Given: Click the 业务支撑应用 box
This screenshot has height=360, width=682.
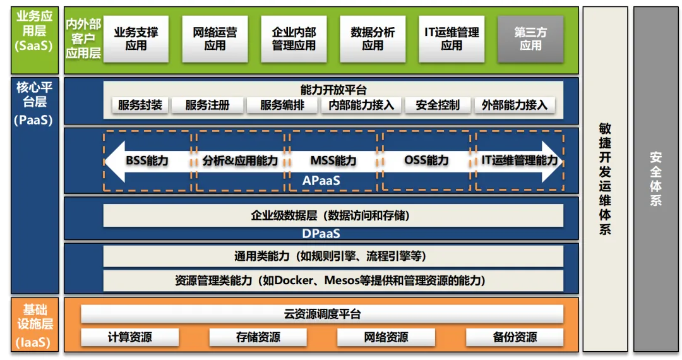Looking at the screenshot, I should [x=136, y=39].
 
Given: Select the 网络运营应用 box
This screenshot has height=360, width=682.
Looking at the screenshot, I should [x=215, y=39].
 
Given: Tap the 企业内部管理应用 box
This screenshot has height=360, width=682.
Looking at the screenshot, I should [x=294, y=39].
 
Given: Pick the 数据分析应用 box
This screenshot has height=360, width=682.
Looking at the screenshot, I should [x=373, y=39].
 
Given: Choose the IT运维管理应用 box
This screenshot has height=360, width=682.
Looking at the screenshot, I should [x=452, y=39].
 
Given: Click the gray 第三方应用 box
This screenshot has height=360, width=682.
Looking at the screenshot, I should [x=530, y=39].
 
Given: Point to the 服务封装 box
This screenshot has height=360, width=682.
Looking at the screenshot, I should [x=140, y=105].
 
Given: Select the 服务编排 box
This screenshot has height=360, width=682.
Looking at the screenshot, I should [x=282, y=105].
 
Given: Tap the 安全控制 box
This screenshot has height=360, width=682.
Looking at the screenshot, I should [x=438, y=105].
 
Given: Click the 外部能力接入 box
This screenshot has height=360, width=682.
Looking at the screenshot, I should [x=515, y=105].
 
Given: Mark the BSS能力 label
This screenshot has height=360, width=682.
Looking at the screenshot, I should [x=147, y=160].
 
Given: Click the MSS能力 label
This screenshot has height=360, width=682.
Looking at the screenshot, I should [x=333, y=160].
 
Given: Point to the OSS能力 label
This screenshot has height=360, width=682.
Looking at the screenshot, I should [x=426, y=160].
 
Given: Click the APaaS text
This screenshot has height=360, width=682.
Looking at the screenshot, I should [x=321, y=181].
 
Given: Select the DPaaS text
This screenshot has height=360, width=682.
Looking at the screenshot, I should [x=321, y=234].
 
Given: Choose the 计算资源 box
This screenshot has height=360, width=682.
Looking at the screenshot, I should [x=130, y=337].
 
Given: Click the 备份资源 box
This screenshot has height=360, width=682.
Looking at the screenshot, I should [x=515, y=337].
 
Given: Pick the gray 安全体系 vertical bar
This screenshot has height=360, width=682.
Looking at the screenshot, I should [x=655, y=179].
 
